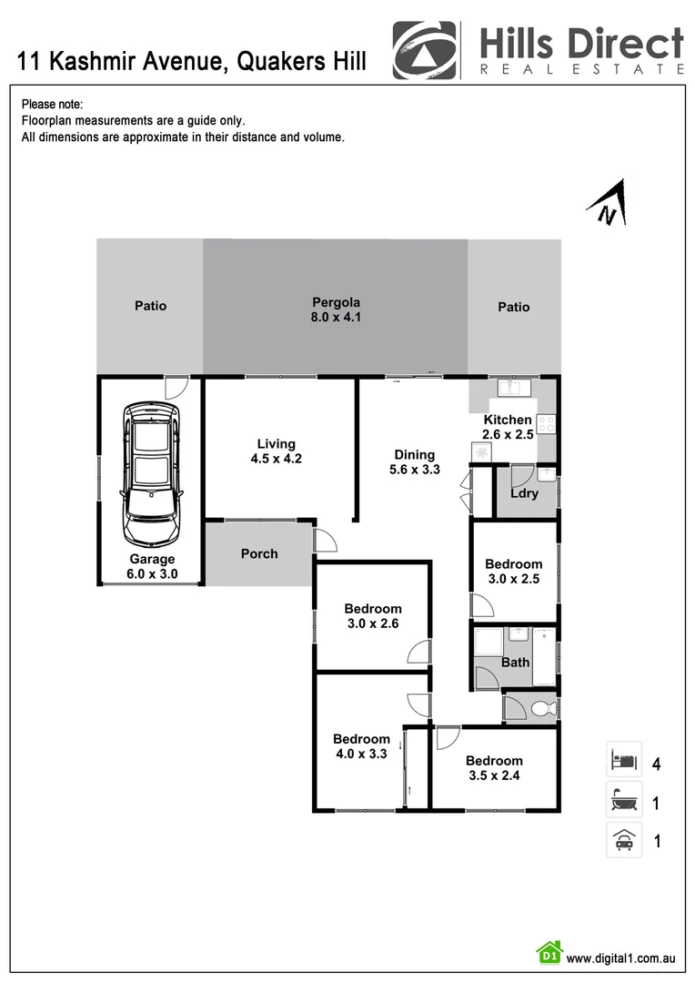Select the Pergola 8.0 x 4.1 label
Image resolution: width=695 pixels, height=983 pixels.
337,309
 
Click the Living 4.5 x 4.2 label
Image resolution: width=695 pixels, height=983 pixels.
276,451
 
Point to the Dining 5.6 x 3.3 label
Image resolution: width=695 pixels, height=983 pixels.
414,462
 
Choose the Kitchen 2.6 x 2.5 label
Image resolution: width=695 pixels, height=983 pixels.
508,427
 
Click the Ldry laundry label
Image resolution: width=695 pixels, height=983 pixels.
525,493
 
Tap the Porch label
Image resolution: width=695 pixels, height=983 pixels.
259,553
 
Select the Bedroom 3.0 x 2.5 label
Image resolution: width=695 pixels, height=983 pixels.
513,572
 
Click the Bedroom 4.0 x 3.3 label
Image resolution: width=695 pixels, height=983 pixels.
361,746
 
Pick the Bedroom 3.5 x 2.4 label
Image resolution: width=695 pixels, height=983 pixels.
494,768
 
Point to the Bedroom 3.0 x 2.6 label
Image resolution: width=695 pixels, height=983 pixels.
372,616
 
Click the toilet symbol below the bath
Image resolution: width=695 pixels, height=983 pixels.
543,707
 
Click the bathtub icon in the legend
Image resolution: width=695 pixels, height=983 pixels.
624,801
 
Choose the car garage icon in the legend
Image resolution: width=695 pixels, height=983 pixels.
624,840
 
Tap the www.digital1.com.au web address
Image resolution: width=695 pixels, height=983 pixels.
619,958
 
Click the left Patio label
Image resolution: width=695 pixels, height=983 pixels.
151,306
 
